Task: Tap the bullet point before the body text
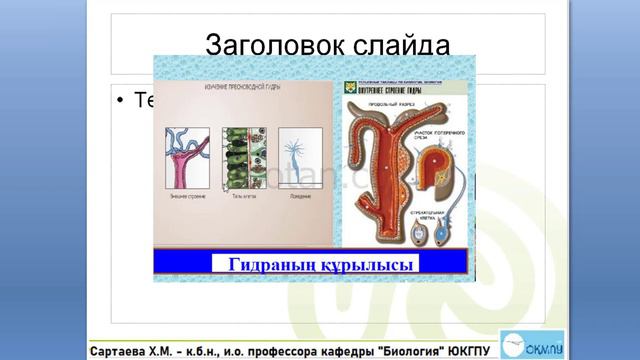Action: click(120, 102)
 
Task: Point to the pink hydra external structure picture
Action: click(187, 159)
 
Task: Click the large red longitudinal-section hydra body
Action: click(380, 170)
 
